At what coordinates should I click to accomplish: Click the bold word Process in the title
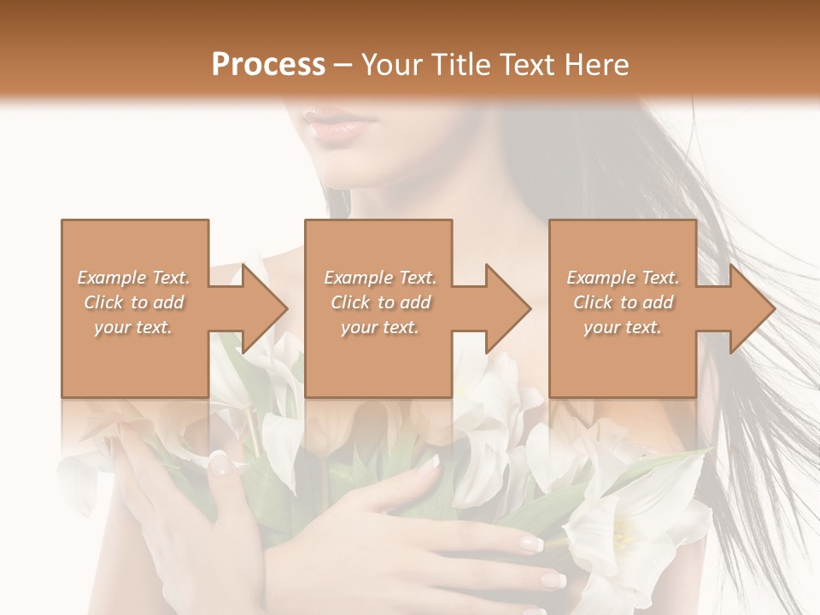pyautogui.click(x=268, y=65)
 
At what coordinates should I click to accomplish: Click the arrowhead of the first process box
pyautogui.click(x=261, y=308)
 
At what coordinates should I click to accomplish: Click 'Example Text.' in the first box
pyautogui.click(x=134, y=278)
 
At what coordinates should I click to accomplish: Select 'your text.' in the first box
pyautogui.click(x=134, y=327)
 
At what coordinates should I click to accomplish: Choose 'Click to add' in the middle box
pyautogui.click(x=380, y=302)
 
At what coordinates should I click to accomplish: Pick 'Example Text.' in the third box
pyautogui.click(x=623, y=278)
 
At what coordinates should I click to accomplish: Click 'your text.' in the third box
pyautogui.click(x=623, y=327)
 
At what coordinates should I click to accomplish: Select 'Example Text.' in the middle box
pyautogui.click(x=380, y=278)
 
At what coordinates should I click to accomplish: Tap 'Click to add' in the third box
pyautogui.click(x=623, y=302)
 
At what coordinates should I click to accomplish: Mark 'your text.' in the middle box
pyautogui.click(x=380, y=327)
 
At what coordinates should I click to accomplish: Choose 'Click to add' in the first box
pyautogui.click(x=134, y=302)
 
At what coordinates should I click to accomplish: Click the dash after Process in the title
pyautogui.click(x=343, y=65)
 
